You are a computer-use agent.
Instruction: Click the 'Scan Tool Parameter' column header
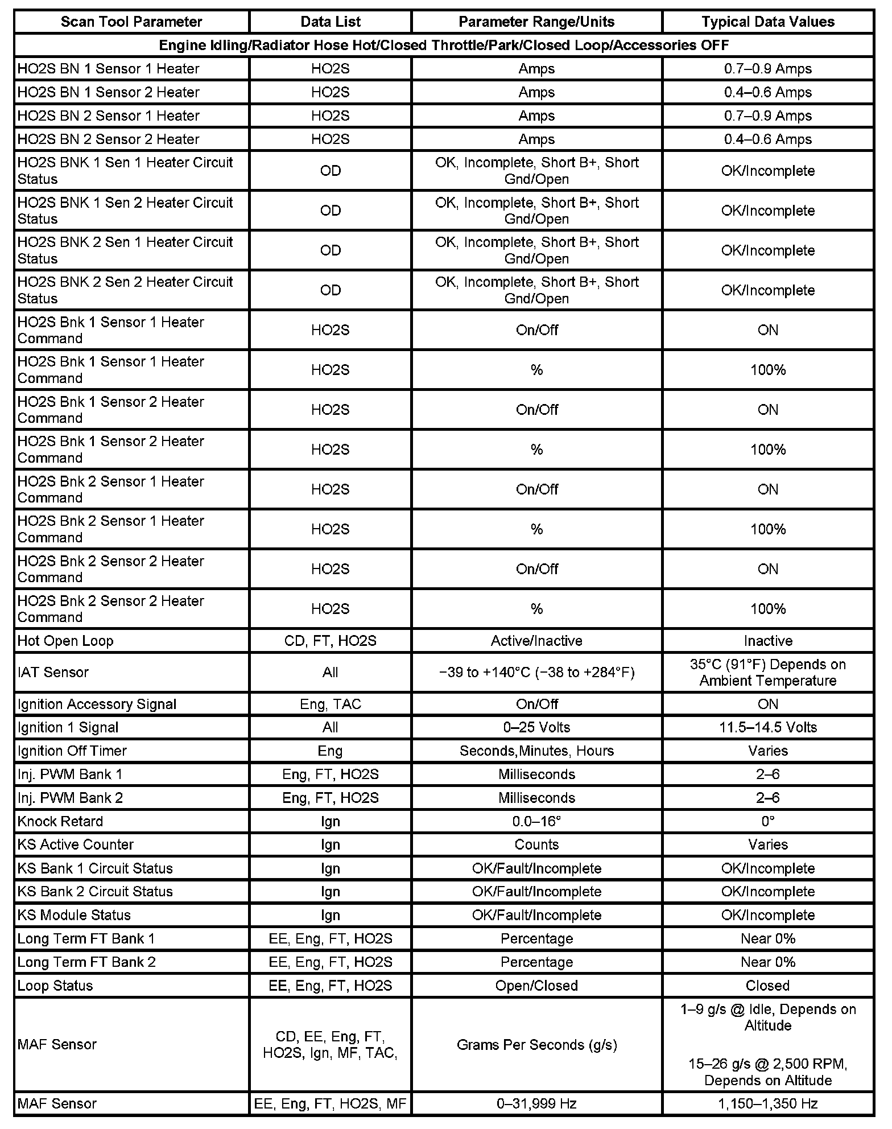131,22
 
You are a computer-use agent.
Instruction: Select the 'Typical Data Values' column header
767,22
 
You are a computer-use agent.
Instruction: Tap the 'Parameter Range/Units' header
536,22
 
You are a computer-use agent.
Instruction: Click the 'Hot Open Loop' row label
65,641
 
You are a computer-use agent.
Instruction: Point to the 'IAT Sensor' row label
53,672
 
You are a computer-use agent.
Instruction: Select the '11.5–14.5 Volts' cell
767,727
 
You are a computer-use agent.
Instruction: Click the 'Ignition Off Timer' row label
72,751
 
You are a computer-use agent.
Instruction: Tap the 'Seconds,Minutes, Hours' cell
536,751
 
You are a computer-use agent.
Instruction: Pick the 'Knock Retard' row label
60,821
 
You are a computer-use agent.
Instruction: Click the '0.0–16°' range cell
536,821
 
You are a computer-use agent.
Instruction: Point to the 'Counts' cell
536,844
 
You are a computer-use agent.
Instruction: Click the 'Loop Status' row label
55,986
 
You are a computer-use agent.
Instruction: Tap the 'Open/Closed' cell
536,986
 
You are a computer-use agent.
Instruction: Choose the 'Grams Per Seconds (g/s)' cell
536,1045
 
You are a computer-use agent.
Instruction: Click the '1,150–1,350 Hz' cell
767,1104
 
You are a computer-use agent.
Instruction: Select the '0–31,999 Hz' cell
536,1104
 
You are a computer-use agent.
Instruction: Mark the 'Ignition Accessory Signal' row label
97,704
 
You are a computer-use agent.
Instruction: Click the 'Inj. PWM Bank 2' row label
70,798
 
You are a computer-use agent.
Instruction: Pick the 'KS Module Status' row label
74,915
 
